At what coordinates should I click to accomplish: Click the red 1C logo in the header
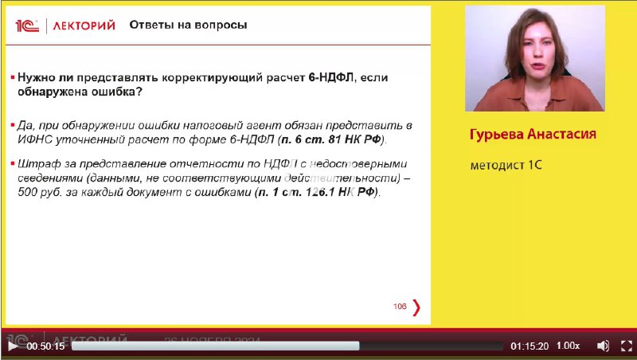[x=27, y=26]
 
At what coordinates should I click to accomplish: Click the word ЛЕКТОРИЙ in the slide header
[x=84, y=26]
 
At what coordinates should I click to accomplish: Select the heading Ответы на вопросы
[x=188, y=25]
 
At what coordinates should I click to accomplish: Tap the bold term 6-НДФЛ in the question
[x=331, y=77]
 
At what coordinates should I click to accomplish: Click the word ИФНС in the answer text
[x=35, y=139]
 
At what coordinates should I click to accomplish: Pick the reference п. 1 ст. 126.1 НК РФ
[x=317, y=192]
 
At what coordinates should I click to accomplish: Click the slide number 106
[x=400, y=307]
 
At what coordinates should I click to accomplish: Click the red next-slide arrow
[x=416, y=307]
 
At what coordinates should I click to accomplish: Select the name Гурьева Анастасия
[x=533, y=134]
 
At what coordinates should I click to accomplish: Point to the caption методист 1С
[x=506, y=165]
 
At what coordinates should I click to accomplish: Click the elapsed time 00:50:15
[x=45, y=346]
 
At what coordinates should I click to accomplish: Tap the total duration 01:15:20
[x=530, y=346]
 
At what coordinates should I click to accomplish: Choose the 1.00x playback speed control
[x=568, y=346]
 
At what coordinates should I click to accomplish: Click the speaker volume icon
[x=603, y=346]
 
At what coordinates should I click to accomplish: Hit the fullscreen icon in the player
[x=627, y=346]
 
